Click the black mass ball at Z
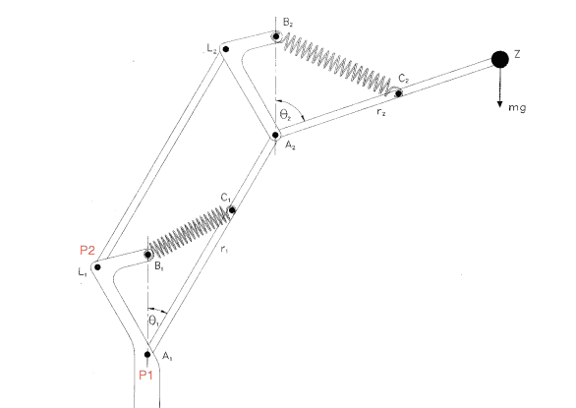[500, 60]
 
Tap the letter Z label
[517, 54]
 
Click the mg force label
[517, 108]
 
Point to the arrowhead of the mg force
[499, 104]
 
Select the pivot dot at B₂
[275, 36]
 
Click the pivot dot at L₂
[226, 49]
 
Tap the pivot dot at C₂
[398, 93]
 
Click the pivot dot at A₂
[275, 136]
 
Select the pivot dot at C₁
[232, 210]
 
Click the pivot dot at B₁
[147, 255]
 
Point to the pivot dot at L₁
[97, 267]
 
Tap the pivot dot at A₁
[147, 354]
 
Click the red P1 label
[145, 375]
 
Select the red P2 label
[87, 251]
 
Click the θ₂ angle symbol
[285, 115]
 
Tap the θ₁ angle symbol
[154, 321]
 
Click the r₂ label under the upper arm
[381, 112]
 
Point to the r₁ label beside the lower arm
[224, 249]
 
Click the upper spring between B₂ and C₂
[337, 65]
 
